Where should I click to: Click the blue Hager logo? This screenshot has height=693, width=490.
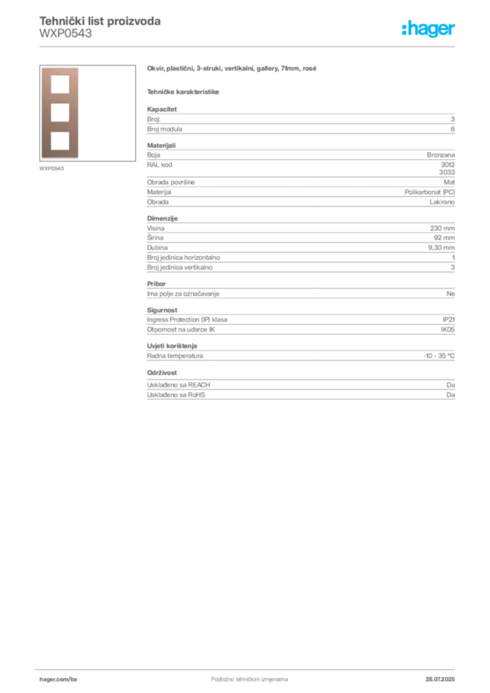point(430,30)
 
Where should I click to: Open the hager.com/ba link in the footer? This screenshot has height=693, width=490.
point(60,679)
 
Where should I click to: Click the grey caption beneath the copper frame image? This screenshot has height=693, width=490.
point(51,168)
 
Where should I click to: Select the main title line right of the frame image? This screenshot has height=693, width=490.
point(232,69)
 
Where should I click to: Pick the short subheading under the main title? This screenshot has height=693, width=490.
point(184,91)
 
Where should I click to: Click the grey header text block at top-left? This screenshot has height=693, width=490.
point(99,27)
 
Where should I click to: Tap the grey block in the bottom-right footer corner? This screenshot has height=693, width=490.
point(444,675)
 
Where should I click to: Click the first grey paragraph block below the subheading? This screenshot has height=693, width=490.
point(300,120)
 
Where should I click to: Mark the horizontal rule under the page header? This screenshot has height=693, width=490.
point(248,46)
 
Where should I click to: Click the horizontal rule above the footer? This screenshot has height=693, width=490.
point(248,667)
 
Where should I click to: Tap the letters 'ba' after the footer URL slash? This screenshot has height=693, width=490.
point(74,679)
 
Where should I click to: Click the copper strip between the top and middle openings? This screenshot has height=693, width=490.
point(60,99)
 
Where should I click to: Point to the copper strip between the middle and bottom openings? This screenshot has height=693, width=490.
point(60,127)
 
